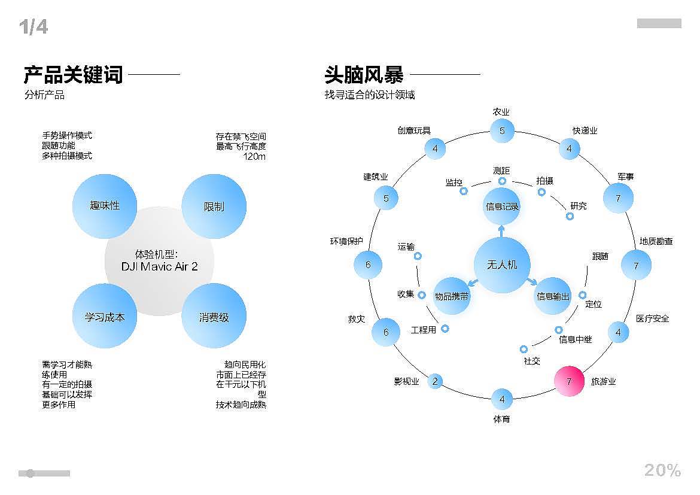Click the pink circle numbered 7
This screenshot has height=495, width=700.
[568, 381]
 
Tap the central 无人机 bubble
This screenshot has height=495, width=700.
[501, 265]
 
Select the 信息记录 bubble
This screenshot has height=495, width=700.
[502, 206]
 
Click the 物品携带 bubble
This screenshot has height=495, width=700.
[452, 296]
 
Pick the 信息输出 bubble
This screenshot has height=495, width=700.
[553, 296]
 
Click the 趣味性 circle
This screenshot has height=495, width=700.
[105, 205]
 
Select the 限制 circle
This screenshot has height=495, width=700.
[214, 206]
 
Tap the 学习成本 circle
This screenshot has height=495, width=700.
[105, 317]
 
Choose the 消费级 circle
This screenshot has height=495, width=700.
[214, 317]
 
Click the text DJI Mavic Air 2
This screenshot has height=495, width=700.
[159, 266]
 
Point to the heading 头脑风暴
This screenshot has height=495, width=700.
[364, 75]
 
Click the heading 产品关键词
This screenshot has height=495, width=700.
[73, 75]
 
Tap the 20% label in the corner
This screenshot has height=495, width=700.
[662, 470]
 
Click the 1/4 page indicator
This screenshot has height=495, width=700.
[33, 27]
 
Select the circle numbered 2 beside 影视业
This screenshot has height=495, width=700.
[435, 381]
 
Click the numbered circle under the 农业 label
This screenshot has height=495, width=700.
[502, 130]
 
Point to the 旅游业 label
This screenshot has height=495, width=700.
[603, 381]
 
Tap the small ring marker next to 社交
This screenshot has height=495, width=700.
[524, 349]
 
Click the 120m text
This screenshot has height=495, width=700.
[254, 157]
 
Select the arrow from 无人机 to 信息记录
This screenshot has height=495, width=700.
[501, 230]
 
